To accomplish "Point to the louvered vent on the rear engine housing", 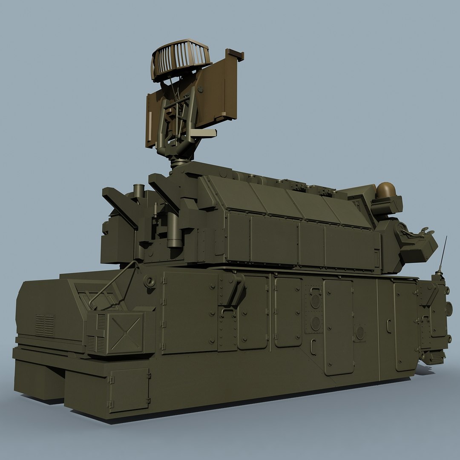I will tap(44, 325).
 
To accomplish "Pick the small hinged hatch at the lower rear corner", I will tap(129, 389).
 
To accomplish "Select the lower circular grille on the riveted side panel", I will tap(315, 323).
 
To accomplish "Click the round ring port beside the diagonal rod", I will tap(149, 281).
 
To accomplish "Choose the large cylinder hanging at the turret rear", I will tap(174, 230).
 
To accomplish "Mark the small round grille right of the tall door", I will tap(360, 333).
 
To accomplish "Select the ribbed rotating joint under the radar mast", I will tap(179, 161).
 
